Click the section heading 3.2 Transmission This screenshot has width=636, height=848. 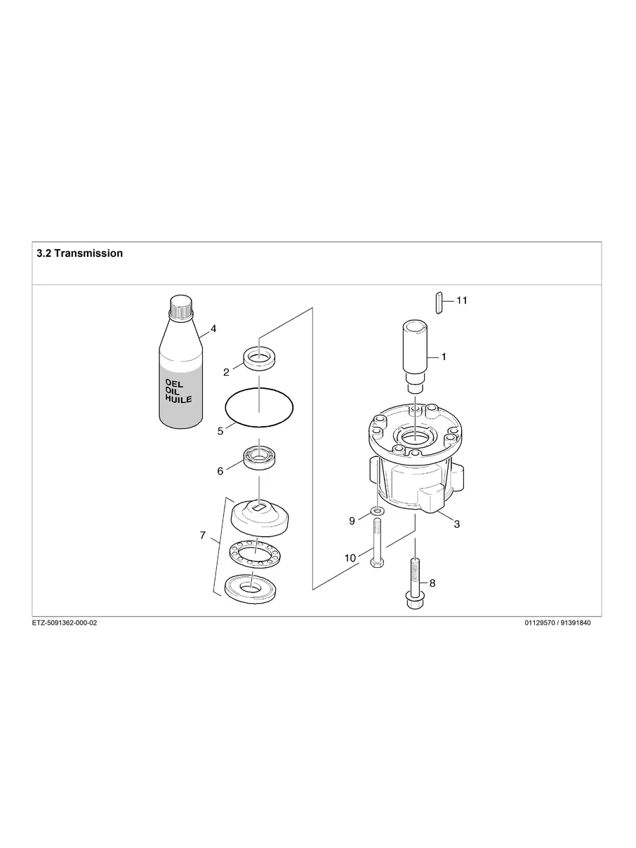pyautogui.click(x=79, y=253)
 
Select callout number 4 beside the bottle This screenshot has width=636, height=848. pyautogui.click(x=213, y=329)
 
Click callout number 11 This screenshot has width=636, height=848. pyautogui.click(x=461, y=300)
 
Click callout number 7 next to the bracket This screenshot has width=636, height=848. pyautogui.click(x=202, y=536)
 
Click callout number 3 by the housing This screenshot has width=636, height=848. pyautogui.click(x=456, y=524)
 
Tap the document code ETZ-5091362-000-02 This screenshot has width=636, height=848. pyautogui.click(x=65, y=623)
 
